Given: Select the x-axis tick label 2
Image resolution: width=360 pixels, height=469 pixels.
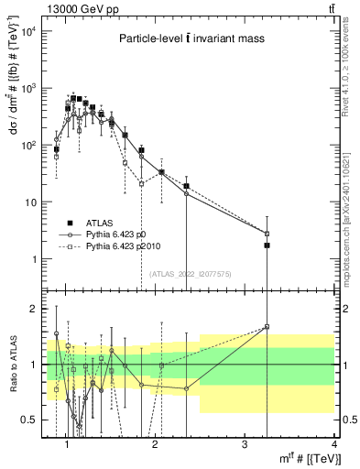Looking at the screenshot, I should pyautogui.click(x=157, y=445).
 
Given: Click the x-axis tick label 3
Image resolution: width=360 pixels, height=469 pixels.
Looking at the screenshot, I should pyautogui.click(x=245, y=445).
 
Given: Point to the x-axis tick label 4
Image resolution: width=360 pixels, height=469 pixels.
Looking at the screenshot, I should pyautogui.click(x=333, y=445).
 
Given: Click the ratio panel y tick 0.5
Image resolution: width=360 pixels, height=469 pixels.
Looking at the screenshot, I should pyautogui.click(x=33, y=420).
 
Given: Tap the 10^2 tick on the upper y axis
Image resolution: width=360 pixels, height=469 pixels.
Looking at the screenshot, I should pyautogui.click(x=31, y=146).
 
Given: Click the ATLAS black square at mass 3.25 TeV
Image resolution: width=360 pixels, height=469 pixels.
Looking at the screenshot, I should pyautogui.click(x=267, y=245).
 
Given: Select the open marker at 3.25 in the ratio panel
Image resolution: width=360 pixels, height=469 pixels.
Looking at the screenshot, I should pyautogui.click(x=267, y=326).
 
